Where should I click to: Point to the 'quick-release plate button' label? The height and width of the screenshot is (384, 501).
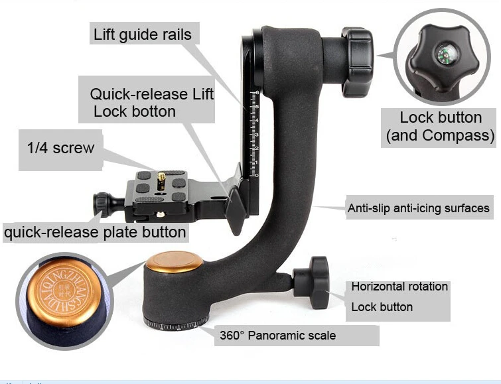(x=95, y=232)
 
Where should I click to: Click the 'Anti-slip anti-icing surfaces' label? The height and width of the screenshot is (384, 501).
(x=419, y=208)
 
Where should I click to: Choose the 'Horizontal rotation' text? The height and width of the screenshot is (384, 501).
(x=399, y=287)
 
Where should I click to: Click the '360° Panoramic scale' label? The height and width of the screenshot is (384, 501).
(x=277, y=335)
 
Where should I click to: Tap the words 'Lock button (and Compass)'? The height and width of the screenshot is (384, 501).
(x=441, y=127)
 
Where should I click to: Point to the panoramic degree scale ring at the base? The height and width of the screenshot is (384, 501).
(x=176, y=324)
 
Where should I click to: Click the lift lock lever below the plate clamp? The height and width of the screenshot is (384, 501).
(x=236, y=203)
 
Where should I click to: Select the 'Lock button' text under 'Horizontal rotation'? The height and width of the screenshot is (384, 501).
(x=382, y=307)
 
